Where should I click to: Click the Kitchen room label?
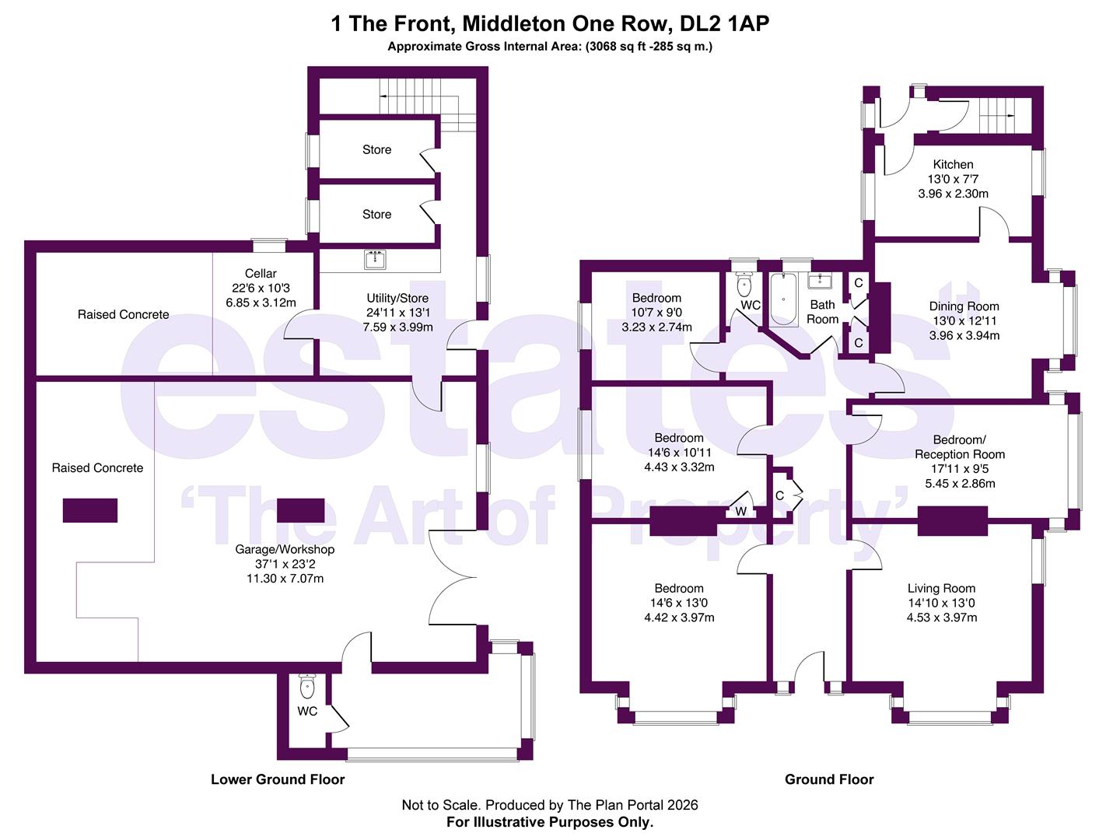[x=953, y=164]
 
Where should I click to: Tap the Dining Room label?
[x=964, y=306]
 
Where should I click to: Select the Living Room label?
[x=941, y=589]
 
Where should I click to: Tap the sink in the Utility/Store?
[x=375, y=259]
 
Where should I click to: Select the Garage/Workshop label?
[x=285, y=550]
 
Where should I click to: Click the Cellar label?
[x=261, y=274]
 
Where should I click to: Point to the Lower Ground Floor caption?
[x=278, y=779]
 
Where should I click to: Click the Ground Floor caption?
[x=829, y=779]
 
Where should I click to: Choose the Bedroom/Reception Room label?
[x=960, y=447]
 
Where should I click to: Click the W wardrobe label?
[x=740, y=512]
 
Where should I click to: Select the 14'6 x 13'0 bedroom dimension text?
[x=679, y=604]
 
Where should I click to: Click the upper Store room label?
[x=376, y=149]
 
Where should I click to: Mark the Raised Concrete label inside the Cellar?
[x=123, y=315]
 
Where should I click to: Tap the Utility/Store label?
[x=397, y=298]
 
